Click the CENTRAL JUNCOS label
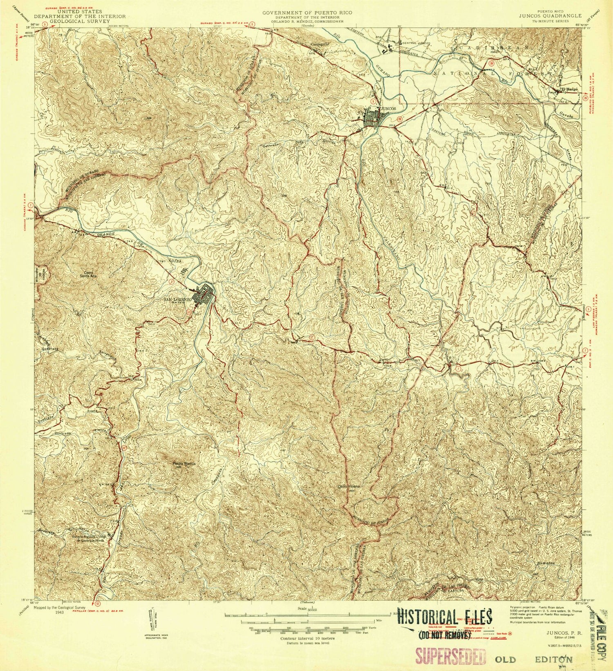click(x=417, y=43)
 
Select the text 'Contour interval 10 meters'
click(x=307, y=638)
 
